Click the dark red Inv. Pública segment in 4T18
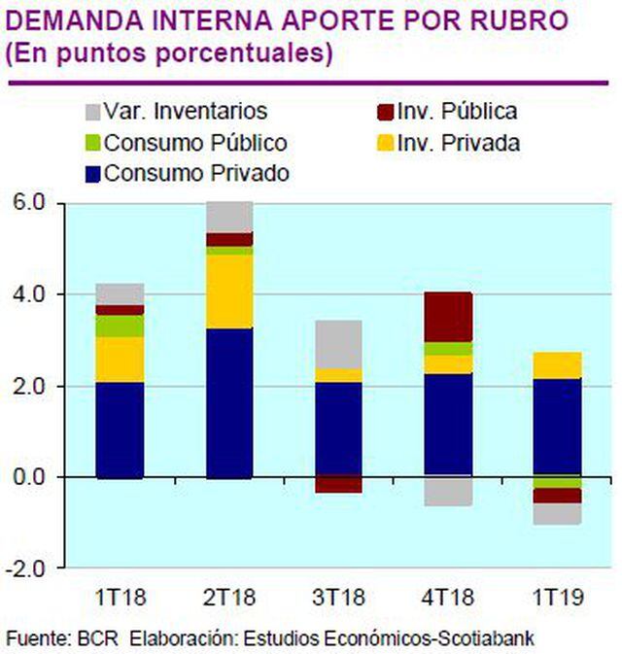click(x=448, y=316)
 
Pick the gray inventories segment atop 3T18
click(x=338, y=343)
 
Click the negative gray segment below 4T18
click(x=448, y=492)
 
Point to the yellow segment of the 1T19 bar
click(x=557, y=364)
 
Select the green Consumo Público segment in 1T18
click(x=119, y=326)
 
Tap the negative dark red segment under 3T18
click(x=338, y=485)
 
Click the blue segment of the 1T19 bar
click(x=557, y=428)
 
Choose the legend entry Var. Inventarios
click(x=175, y=112)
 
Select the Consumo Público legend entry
click(x=184, y=143)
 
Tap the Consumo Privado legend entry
click(x=185, y=174)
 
